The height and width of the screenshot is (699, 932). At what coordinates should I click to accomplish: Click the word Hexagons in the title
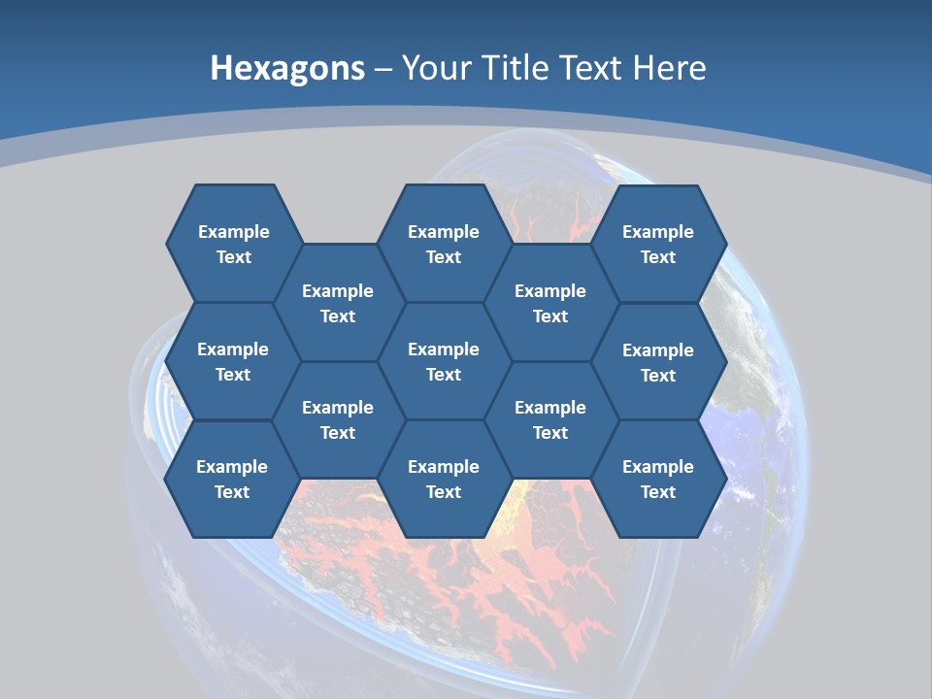click(287, 68)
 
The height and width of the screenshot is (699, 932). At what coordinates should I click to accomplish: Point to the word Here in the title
click(669, 68)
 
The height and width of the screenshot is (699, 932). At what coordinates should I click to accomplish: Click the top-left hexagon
click(234, 244)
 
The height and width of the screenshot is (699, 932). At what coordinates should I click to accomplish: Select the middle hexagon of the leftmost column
click(233, 361)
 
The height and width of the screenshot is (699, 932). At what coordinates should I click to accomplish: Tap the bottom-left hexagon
click(232, 479)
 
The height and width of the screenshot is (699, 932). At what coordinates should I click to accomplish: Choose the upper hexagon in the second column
click(338, 303)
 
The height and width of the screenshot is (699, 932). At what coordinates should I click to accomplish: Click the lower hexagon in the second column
click(338, 419)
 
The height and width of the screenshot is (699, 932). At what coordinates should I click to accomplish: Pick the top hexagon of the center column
click(444, 244)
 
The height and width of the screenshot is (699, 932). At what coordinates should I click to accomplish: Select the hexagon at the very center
click(444, 361)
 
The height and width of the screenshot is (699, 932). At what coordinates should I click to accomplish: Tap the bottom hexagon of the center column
click(444, 479)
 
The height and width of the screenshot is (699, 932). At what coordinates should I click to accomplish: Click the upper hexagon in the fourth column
click(550, 303)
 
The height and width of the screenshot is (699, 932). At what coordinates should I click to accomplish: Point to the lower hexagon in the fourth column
click(550, 419)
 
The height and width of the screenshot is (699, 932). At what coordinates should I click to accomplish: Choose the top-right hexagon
click(658, 244)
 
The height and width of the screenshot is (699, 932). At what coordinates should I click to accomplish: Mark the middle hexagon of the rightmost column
click(658, 362)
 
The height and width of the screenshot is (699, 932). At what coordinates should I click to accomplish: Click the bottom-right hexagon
click(658, 479)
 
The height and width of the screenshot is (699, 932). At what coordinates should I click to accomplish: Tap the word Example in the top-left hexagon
click(234, 232)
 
